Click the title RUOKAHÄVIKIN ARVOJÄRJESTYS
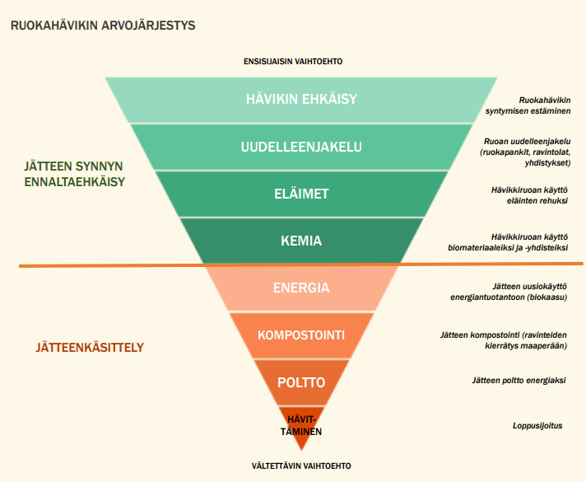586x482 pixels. (102, 26)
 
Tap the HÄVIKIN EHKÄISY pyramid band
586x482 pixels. (300, 100)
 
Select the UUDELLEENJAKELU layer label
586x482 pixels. (301, 147)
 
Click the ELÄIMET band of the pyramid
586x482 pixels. (301, 194)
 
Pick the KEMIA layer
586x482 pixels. (301, 241)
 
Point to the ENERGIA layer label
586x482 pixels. (301, 288)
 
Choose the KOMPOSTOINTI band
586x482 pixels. (301, 335)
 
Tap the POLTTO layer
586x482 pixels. (301, 382)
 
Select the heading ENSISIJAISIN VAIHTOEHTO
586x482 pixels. (293, 62)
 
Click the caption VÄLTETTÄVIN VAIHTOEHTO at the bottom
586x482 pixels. (301, 466)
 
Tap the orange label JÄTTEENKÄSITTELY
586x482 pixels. (78, 348)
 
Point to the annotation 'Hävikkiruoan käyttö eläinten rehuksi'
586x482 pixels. (526, 194)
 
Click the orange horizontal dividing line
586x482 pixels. (99, 265)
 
